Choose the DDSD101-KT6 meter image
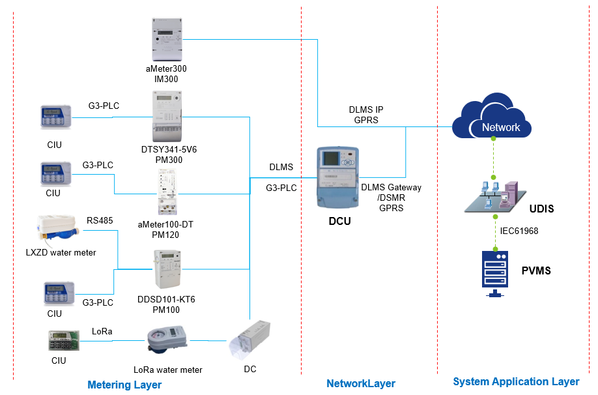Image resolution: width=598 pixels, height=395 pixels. (168, 269)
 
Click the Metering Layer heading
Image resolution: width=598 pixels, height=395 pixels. (124, 385)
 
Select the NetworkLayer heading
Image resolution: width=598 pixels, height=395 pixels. (361, 383)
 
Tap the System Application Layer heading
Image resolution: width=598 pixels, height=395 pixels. (516, 381)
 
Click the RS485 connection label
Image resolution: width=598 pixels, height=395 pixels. (100, 220)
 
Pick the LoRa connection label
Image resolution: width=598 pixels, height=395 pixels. (102, 331)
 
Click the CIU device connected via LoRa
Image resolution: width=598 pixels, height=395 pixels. (63, 342)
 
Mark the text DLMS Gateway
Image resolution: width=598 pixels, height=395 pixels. (391, 187)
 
